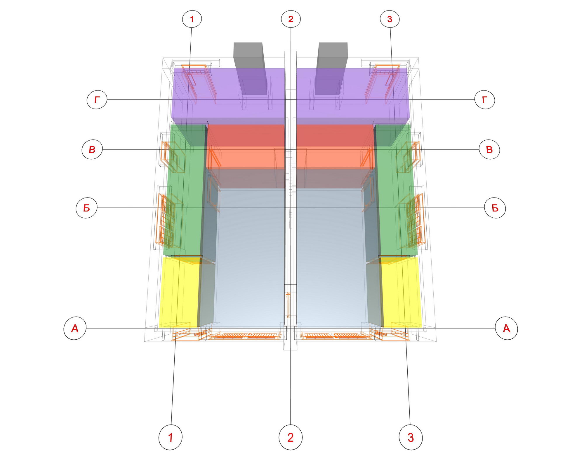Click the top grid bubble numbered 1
point(192,19)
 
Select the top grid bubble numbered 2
point(291,19)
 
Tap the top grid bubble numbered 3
point(390,19)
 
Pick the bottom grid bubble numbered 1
point(171,437)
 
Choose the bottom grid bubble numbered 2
point(291,437)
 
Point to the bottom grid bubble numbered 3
point(411,437)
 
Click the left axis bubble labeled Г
point(97,100)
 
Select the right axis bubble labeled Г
point(485,100)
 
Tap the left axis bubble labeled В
point(92,149)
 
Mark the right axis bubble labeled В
point(490,149)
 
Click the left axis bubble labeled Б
point(86,208)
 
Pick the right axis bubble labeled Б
point(495,208)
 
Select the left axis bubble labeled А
point(75,328)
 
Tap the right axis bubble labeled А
point(507,328)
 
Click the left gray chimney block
point(250,69)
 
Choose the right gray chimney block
point(331,69)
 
